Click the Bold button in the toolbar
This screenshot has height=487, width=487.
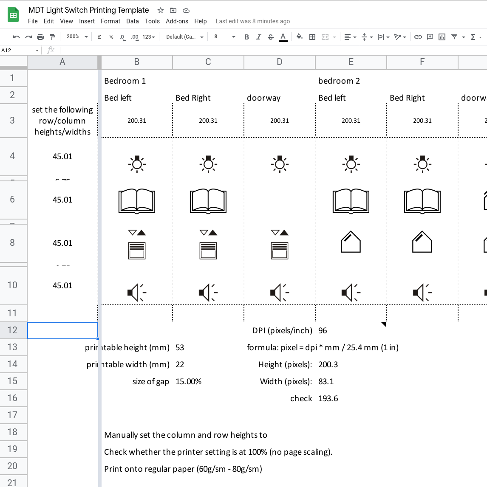246,37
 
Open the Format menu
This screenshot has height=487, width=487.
110,21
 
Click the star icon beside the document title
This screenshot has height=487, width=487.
161,10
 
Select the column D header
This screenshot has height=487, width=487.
279,62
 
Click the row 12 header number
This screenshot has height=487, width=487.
13,330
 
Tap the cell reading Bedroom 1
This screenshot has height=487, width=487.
125,81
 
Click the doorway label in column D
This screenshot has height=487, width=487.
264,98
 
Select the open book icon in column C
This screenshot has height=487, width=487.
208,201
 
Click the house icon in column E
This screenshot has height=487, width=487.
351,242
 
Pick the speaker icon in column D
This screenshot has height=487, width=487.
279,293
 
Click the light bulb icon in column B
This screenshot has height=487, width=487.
137,164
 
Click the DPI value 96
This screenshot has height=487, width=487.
323,330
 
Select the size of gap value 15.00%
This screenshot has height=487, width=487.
189,381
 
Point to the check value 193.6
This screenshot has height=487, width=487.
328,398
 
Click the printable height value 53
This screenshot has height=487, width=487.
180,347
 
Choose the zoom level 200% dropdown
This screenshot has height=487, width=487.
77,37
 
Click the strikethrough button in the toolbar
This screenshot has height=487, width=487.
271,37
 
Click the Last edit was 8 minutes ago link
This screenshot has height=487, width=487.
253,21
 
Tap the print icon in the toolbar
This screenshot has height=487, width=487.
40,37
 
